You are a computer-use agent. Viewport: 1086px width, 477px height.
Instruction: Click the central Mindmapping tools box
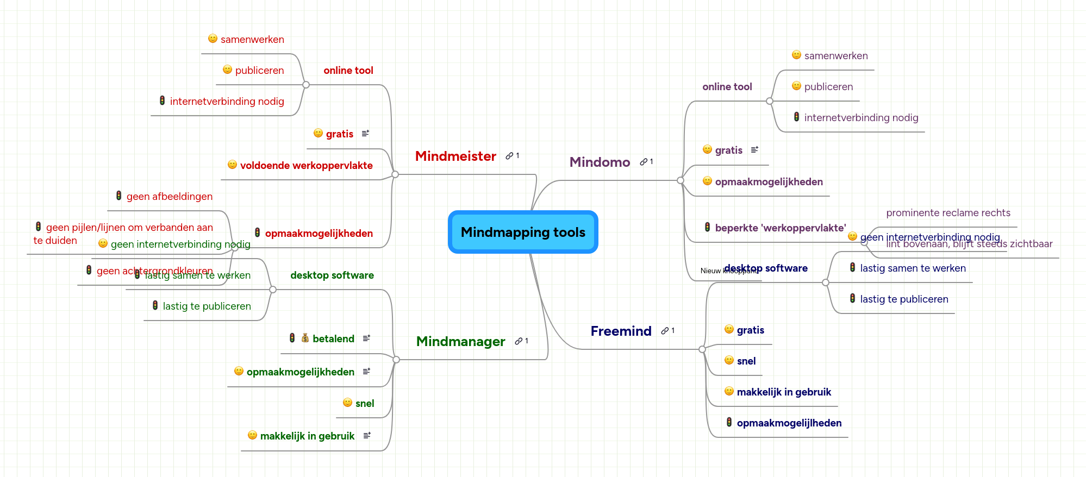coord(523,232)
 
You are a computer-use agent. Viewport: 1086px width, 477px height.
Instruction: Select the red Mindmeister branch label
coord(455,156)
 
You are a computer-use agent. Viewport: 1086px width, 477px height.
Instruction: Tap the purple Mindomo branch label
coord(600,162)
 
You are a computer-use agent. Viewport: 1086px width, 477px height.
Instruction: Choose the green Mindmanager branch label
coord(460,342)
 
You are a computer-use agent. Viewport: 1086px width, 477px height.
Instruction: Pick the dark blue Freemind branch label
coord(621,331)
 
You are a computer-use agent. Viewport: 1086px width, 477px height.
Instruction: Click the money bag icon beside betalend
coord(305,338)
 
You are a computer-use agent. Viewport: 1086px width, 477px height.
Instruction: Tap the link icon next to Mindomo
coord(644,162)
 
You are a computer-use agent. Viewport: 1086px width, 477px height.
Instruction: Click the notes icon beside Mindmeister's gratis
coord(365,133)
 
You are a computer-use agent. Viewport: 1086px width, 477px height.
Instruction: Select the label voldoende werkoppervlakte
coord(306,166)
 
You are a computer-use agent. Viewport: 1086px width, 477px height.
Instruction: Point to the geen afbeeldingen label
coord(169,197)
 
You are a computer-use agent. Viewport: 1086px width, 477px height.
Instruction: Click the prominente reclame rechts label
coord(948,213)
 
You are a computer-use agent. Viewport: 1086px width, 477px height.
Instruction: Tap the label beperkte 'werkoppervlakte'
coord(780,228)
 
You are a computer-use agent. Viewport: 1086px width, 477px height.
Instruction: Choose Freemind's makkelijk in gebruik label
coord(784,392)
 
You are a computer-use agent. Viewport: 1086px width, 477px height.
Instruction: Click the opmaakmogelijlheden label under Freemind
coord(789,423)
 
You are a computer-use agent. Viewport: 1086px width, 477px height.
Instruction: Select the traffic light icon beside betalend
coord(292,338)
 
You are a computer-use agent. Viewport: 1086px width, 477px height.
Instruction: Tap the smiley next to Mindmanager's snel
coord(347,403)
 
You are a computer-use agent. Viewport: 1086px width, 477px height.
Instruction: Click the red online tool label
coord(348,71)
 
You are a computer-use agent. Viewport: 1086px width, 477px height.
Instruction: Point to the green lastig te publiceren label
coord(207,306)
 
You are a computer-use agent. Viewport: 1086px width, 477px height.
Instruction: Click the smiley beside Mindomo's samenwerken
coord(796,55)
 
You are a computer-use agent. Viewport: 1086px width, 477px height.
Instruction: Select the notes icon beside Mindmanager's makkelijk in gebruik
coord(367,435)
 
